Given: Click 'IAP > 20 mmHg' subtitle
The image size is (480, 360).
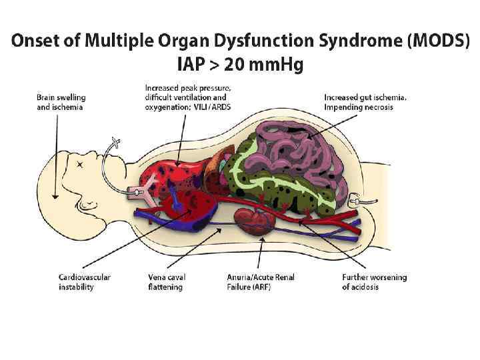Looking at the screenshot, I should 239,65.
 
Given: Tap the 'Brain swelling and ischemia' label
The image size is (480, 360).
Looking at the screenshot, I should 61,102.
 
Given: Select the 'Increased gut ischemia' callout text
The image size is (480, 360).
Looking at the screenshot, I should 365,102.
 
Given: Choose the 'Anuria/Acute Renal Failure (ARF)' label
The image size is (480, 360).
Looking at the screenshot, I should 257,282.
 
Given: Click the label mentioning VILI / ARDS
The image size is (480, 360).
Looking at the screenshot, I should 188,97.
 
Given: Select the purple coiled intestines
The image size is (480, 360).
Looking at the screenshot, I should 300,147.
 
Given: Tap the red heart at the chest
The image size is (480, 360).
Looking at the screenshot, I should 193,210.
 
